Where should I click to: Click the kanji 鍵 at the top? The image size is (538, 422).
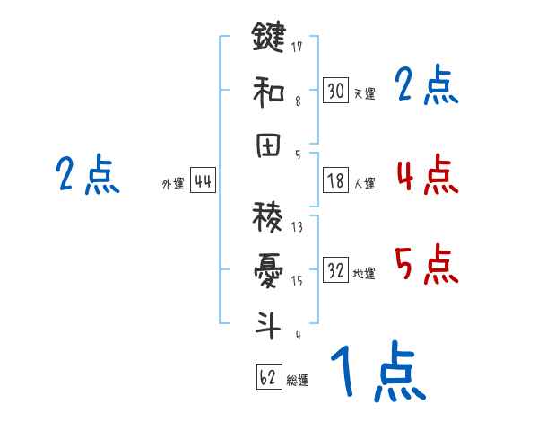click(x=268, y=38)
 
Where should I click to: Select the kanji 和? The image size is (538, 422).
click(x=268, y=92)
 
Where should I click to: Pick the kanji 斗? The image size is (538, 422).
click(x=268, y=325)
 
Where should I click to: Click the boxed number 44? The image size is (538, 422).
click(x=203, y=181)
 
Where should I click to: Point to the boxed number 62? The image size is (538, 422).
click(x=268, y=377)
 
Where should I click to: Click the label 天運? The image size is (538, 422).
click(x=364, y=93)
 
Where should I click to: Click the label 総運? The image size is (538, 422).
click(x=298, y=381)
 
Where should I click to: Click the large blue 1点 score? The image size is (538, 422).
click(x=377, y=374)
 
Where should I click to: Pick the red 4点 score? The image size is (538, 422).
click(x=427, y=174)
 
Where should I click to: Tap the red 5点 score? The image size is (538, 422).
click(x=427, y=265)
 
